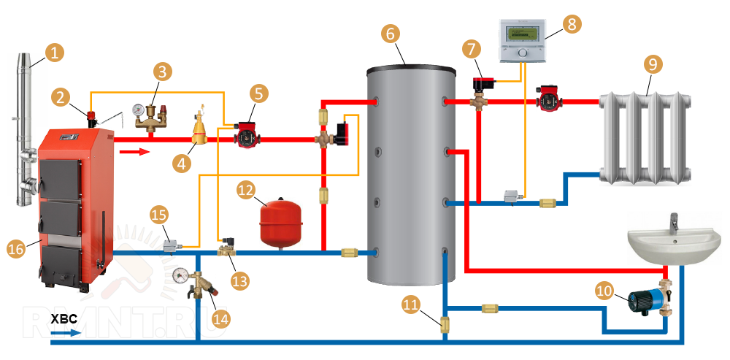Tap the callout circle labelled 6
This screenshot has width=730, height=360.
(x=390, y=33)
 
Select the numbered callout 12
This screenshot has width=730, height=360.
(x=246, y=191)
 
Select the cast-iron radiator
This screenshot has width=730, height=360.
(x=645, y=137)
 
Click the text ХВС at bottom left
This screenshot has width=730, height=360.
(x=63, y=320)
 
